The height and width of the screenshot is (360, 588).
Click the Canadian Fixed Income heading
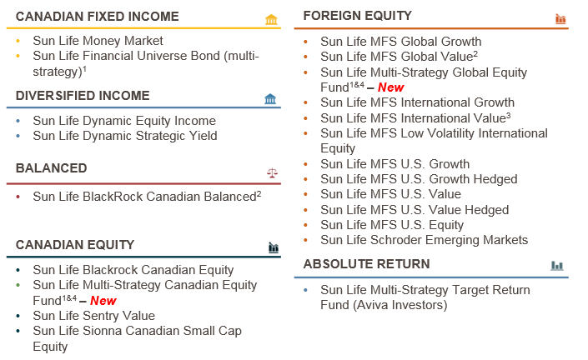click(x=97, y=17)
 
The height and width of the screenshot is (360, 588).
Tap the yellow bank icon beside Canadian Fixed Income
click(x=271, y=19)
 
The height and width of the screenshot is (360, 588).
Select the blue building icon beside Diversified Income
click(x=270, y=99)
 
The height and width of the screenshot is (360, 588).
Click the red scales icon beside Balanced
click(x=272, y=172)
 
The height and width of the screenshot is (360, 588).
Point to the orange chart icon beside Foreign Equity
click(x=560, y=18)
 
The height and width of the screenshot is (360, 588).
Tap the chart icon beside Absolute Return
click(x=557, y=266)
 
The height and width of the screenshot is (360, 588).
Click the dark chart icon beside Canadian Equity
click(x=274, y=247)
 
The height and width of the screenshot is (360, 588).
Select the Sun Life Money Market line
click(x=98, y=41)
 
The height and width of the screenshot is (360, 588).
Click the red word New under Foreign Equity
click(x=391, y=87)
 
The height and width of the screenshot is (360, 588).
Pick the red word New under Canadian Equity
click(x=103, y=301)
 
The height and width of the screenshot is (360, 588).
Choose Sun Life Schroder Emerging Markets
click(x=425, y=240)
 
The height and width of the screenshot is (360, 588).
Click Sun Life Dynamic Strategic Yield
click(x=125, y=136)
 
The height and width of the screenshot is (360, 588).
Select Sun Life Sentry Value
click(x=93, y=316)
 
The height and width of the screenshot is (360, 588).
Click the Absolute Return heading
click(x=366, y=263)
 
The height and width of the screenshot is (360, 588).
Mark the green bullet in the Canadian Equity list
click(x=18, y=285)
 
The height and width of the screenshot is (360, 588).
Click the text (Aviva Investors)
click(x=400, y=305)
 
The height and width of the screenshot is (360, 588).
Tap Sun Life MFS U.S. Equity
click(x=392, y=225)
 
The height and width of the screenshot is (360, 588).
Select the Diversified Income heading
click(x=83, y=96)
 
